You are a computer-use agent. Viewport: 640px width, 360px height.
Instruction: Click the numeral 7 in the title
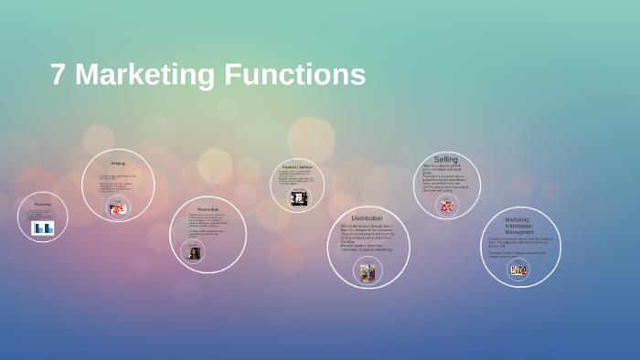click(58, 75)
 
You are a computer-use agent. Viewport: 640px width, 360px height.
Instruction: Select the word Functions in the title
click(295, 75)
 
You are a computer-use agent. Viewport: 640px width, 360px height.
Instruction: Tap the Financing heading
click(42, 204)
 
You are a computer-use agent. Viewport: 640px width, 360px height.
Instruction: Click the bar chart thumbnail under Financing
click(43, 228)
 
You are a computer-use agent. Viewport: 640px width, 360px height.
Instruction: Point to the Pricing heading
click(118, 164)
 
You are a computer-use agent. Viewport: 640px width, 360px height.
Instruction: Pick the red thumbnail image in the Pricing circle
click(118, 209)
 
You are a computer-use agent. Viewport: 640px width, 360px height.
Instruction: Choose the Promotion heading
click(208, 210)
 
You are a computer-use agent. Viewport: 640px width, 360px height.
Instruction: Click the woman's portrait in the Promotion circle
click(194, 253)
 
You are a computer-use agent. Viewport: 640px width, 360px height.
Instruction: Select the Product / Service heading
click(298, 167)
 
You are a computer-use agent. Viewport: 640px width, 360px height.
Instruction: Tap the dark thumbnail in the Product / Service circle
click(299, 198)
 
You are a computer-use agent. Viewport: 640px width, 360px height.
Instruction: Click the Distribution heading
click(368, 217)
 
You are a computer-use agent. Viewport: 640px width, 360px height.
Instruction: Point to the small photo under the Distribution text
click(368, 271)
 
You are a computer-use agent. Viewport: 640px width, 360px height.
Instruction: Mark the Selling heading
click(446, 159)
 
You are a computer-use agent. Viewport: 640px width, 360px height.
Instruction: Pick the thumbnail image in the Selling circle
click(447, 206)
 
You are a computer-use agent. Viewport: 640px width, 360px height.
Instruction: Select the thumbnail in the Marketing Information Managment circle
click(518, 270)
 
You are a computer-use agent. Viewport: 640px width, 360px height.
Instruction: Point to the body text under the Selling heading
click(446, 178)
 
